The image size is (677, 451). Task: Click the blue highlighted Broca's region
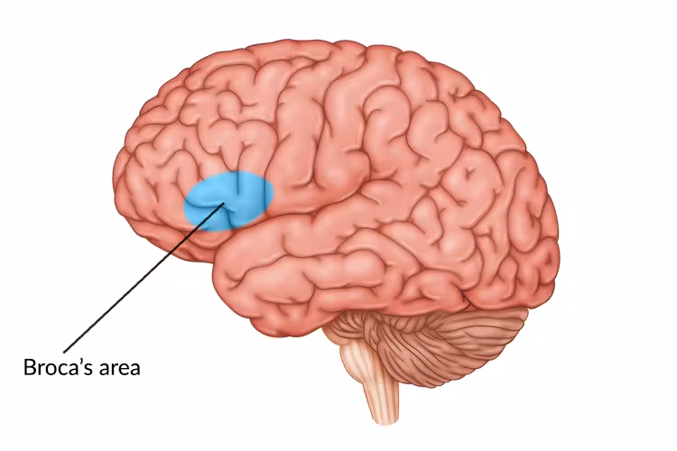(x=227, y=198)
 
